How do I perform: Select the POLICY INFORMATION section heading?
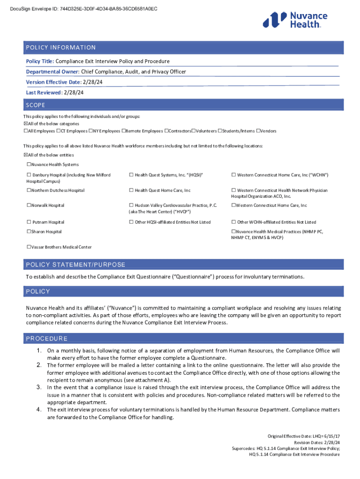tap(61, 48)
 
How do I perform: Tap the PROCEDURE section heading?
tap(47, 339)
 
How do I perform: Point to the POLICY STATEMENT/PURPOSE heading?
tap(76, 265)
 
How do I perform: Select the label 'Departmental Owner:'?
tap(53, 72)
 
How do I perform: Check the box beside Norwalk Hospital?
tap(29, 205)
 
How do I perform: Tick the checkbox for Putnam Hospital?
tap(29, 222)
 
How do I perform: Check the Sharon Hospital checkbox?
tap(29, 232)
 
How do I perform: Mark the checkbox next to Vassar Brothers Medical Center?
tap(29, 247)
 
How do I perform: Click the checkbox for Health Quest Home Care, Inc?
tap(131, 190)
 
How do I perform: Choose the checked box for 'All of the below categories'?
tap(26, 123)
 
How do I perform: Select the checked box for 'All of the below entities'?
tap(26, 155)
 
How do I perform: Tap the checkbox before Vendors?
tap(259, 131)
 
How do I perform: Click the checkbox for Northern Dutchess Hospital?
tap(29, 190)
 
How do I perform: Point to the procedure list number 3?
tap(39, 387)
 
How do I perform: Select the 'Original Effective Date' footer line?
tap(303, 435)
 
